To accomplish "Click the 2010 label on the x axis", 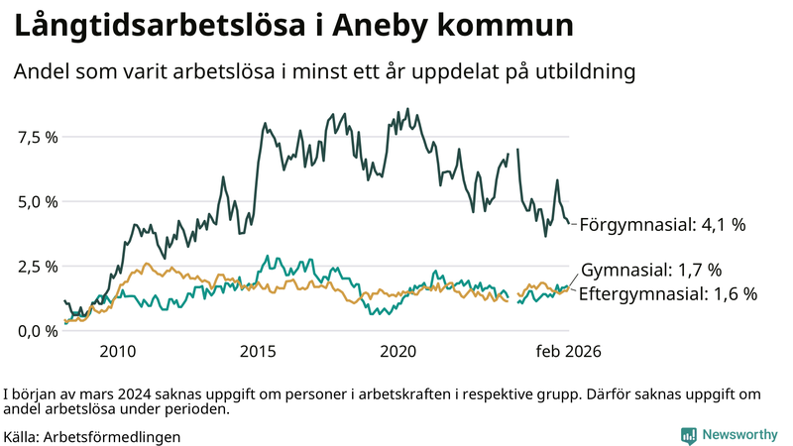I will point(117,351).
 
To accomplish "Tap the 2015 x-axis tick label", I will point(258,351).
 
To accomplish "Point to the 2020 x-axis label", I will point(398,351).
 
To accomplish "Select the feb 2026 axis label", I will point(569,351).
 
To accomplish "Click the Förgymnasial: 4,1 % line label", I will point(661,225).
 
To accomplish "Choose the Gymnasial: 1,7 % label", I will point(651,270).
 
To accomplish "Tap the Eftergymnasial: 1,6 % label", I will point(667,293).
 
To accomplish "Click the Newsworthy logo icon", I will point(688,435).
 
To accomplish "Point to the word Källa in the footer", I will point(21,436).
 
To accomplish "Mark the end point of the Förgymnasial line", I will point(569,223).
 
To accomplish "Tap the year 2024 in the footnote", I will point(130,391).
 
